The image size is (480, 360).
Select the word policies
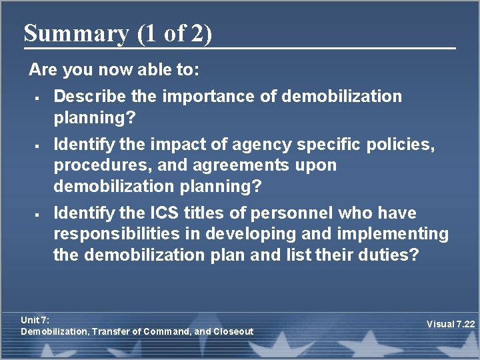pyautogui.click(x=404, y=144)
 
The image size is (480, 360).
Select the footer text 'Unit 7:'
pyautogui.click(x=35, y=320)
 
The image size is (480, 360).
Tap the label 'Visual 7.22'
pyautogui.click(x=451, y=325)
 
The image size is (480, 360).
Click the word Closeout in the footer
pyautogui.click(x=233, y=331)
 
